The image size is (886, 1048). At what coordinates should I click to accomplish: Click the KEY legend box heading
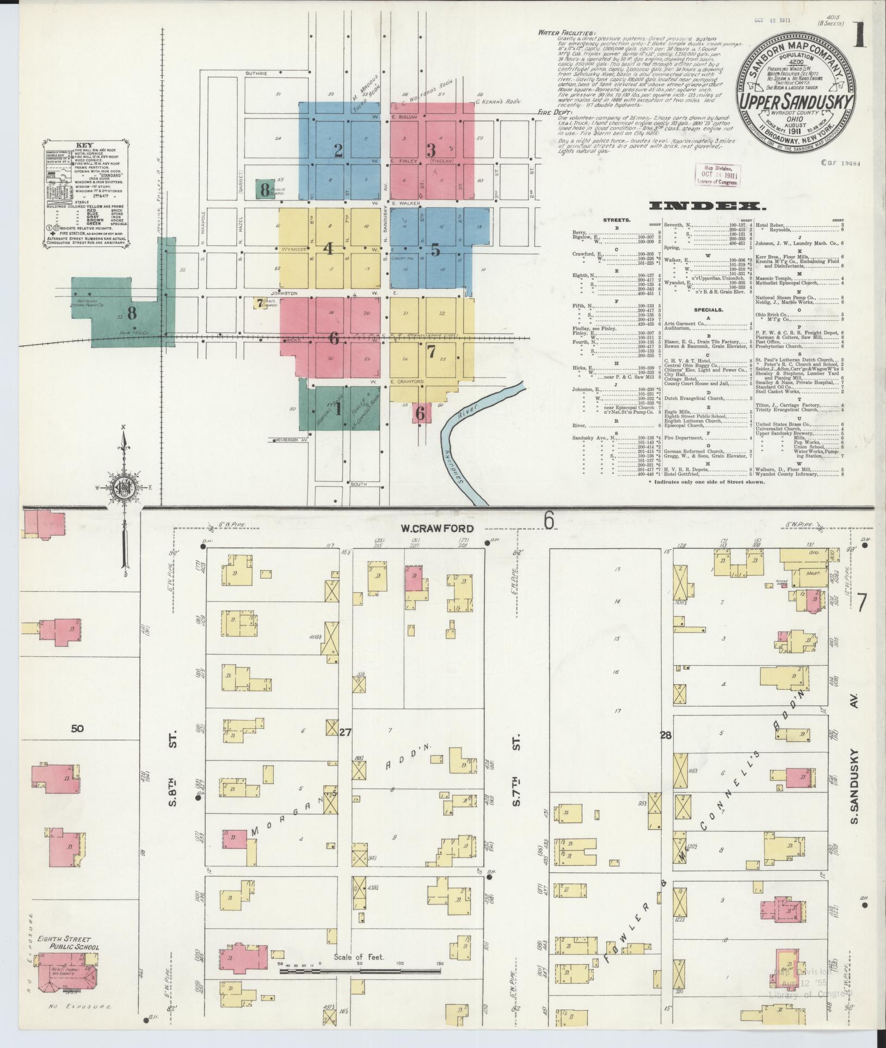tap(85, 145)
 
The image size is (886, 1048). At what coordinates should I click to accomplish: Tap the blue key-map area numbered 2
tap(339, 151)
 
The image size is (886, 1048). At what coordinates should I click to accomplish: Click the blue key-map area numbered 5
tap(435, 251)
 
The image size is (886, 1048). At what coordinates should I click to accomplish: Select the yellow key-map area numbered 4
tap(328, 249)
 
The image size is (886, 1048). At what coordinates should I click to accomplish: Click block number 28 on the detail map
tap(665, 736)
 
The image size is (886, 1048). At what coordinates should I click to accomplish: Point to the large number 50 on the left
tap(77, 728)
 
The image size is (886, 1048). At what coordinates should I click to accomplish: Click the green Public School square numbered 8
tap(265, 189)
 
